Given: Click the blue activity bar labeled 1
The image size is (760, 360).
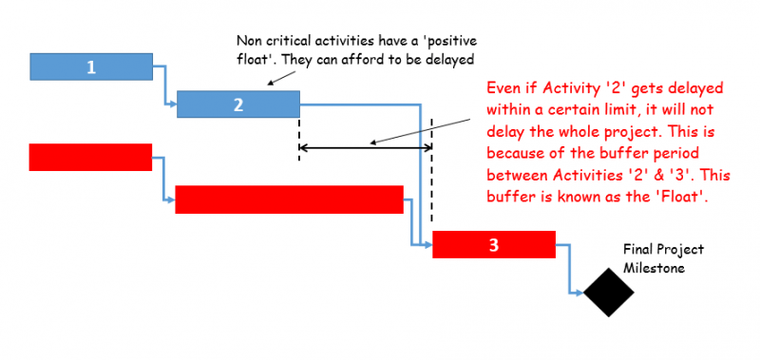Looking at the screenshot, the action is pos(91,67).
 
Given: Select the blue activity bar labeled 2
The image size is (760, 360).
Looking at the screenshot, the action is pos(238,104).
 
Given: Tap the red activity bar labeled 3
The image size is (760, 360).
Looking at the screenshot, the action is pos(493,245).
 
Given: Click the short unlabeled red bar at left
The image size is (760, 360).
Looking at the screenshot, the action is pos(90,157).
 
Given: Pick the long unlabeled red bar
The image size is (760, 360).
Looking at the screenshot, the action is pos(290,199).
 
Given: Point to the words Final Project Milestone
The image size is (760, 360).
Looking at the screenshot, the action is pos(663,257).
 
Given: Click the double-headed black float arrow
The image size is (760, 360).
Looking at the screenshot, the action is pos(366,147).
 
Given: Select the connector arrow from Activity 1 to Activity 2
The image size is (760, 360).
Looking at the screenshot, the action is pos(166,85).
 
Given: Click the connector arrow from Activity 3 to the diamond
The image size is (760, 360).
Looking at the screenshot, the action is pos(570,271).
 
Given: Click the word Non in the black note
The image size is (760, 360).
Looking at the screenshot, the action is pos(248,42).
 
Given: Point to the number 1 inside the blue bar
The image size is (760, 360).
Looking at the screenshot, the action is pos(91,67).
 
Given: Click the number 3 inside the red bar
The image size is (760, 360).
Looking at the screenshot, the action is pos(493,245).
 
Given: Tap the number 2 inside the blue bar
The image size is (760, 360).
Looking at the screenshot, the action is pos(238,104).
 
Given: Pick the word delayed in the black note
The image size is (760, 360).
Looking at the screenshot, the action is pos(447,60).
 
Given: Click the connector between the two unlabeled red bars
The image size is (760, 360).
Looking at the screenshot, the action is pos(163,180).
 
